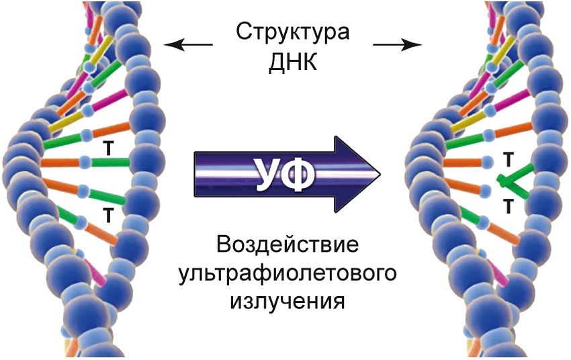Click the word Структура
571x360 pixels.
tap(293, 32)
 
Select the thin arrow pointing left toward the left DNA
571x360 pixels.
tap(189, 45)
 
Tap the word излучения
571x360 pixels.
tap(288, 300)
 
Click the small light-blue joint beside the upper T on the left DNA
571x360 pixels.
tap(85, 161)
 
